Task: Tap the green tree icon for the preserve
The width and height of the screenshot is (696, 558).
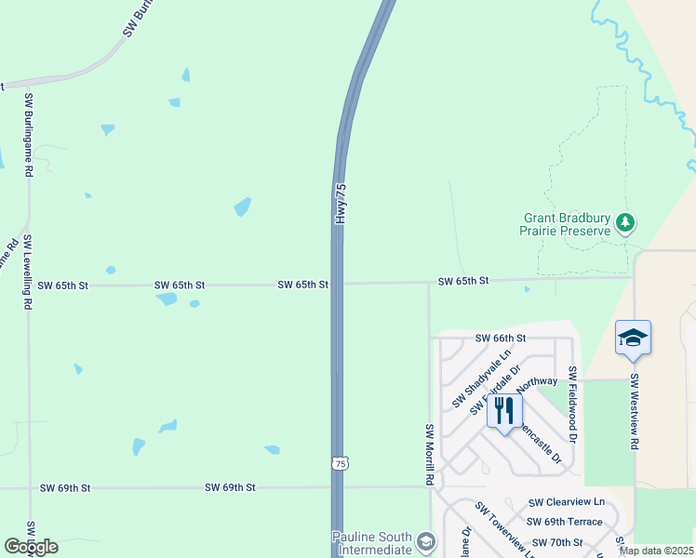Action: coord(626,223)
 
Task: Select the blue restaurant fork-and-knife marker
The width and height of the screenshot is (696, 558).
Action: coord(504,410)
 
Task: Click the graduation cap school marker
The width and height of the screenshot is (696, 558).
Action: coord(633,338)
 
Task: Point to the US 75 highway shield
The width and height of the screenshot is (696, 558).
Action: coord(341,463)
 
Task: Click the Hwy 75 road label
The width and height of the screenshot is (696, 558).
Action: coord(341,202)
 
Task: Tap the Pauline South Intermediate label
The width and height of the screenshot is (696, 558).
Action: coord(372,543)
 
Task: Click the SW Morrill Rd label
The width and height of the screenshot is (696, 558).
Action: coord(430,455)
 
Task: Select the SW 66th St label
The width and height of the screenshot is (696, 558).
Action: coord(501,339)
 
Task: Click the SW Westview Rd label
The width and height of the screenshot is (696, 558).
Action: coord(634,412)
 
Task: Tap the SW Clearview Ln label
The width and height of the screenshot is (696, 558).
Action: coord(566,502)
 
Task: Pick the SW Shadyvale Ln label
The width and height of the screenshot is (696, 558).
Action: coord(482,379)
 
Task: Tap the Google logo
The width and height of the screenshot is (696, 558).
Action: coord(31,547)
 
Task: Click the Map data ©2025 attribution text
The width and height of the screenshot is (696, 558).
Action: coord(657,551)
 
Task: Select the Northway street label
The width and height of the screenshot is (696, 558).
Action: coord(537,381)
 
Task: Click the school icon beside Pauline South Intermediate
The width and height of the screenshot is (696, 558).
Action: coord(426,541)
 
